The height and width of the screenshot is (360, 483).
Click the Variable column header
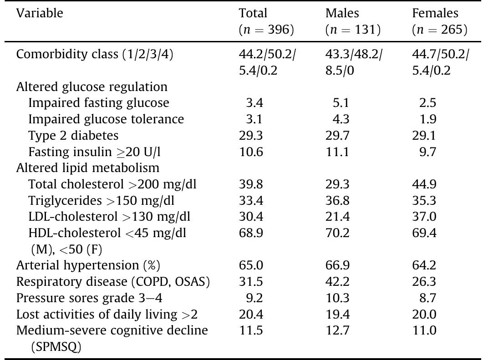click(40, 14)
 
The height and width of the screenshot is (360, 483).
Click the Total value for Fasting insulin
click(251, 152)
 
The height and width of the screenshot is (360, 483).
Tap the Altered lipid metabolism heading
click(88, 168)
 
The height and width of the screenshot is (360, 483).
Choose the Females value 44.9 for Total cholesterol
click(424, 184)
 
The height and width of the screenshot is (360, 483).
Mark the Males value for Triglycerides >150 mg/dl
click(337, 201)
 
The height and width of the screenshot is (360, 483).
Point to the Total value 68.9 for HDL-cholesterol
click(251, 233)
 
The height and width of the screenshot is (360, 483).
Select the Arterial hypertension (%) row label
click(88, 265)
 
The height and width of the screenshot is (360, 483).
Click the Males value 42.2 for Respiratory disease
click(337, 282)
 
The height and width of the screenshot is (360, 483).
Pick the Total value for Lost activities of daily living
click(251, 314)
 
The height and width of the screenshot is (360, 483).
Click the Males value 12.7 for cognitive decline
click(337, 331)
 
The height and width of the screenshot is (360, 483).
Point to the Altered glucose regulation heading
click(92, 86)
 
